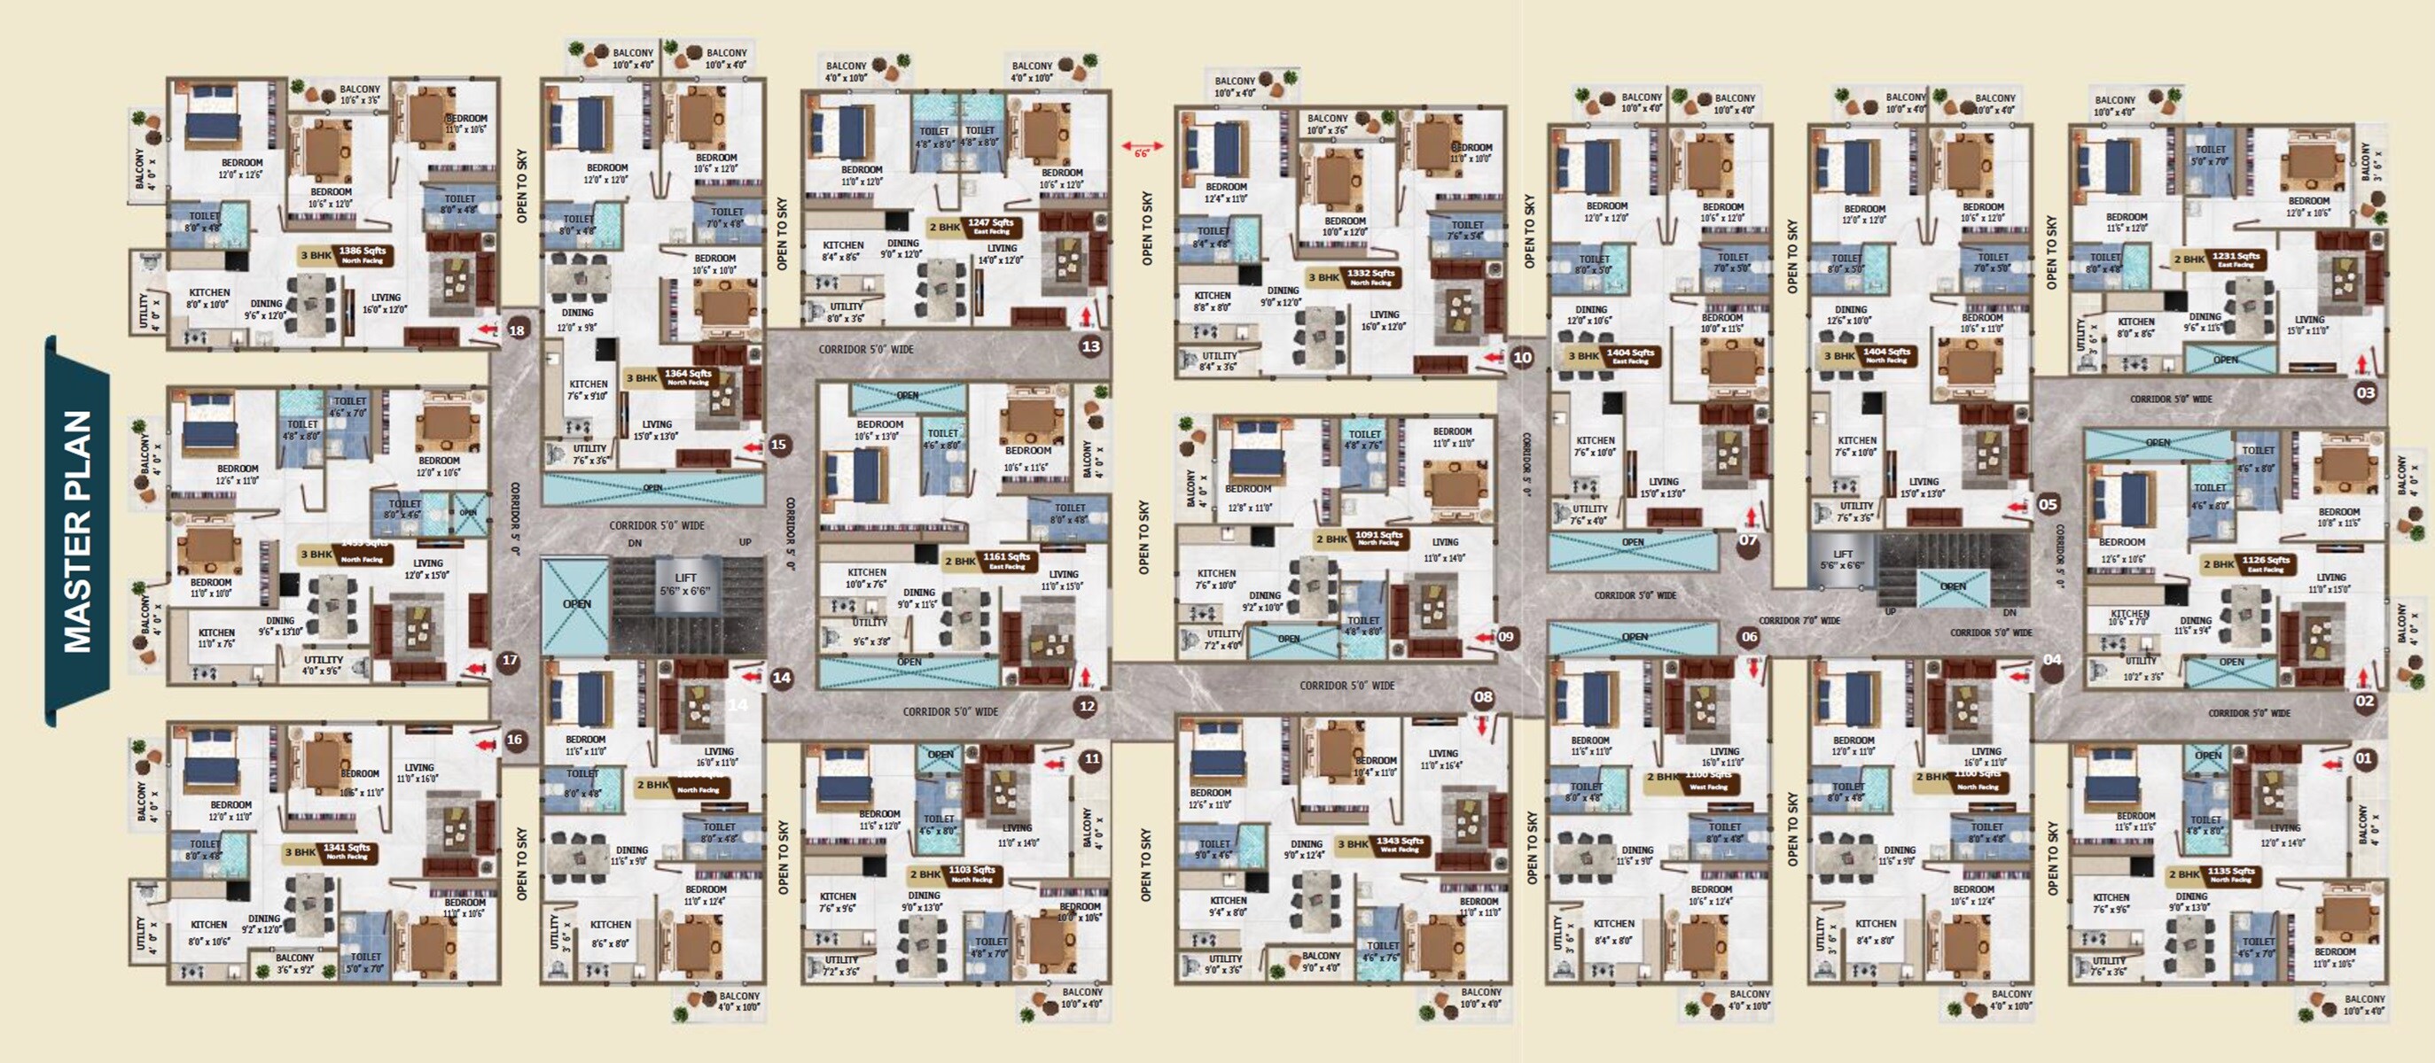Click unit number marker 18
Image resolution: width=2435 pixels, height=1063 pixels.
pyautogui.click(x=517, y=330)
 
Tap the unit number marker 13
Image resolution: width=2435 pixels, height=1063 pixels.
pyautogui.click(x=1091, y=345)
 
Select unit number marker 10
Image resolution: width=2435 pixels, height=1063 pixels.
pyautogui.click(x=1522, y=357)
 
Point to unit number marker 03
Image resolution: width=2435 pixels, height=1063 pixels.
pyautogui.click(x=2365, y=392)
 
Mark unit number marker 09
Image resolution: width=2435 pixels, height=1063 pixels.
pyautogui.click(x=1506, y=636)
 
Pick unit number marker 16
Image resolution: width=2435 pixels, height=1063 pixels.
pyautogui.click(x=514, y=739)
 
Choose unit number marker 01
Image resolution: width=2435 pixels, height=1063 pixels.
pyautogui.click(x=2363, y=757)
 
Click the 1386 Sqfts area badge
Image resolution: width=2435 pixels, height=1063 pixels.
pyautogui.click(x=362, y=254)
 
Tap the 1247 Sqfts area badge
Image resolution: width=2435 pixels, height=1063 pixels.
pyautogui.click(x=991, y=226)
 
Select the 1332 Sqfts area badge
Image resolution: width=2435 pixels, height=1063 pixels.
pyautogui.click(x=1370, y=275)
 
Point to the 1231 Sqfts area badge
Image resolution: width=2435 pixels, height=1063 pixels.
pyautogui.click(x=2236, y=258)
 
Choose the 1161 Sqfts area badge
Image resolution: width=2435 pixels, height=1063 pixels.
pyautogui.click(x=1006, y=559)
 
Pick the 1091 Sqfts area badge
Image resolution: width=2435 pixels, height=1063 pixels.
pyautogui.click(x=1378, y=538)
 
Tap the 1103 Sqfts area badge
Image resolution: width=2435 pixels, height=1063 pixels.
pyautogui.click(x=971, y=873)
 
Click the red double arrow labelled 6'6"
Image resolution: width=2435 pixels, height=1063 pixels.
pyautogui.click(x=1142, y=146)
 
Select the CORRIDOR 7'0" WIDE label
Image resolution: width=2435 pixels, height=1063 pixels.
pyautogui.click(x=1799, y=621)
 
